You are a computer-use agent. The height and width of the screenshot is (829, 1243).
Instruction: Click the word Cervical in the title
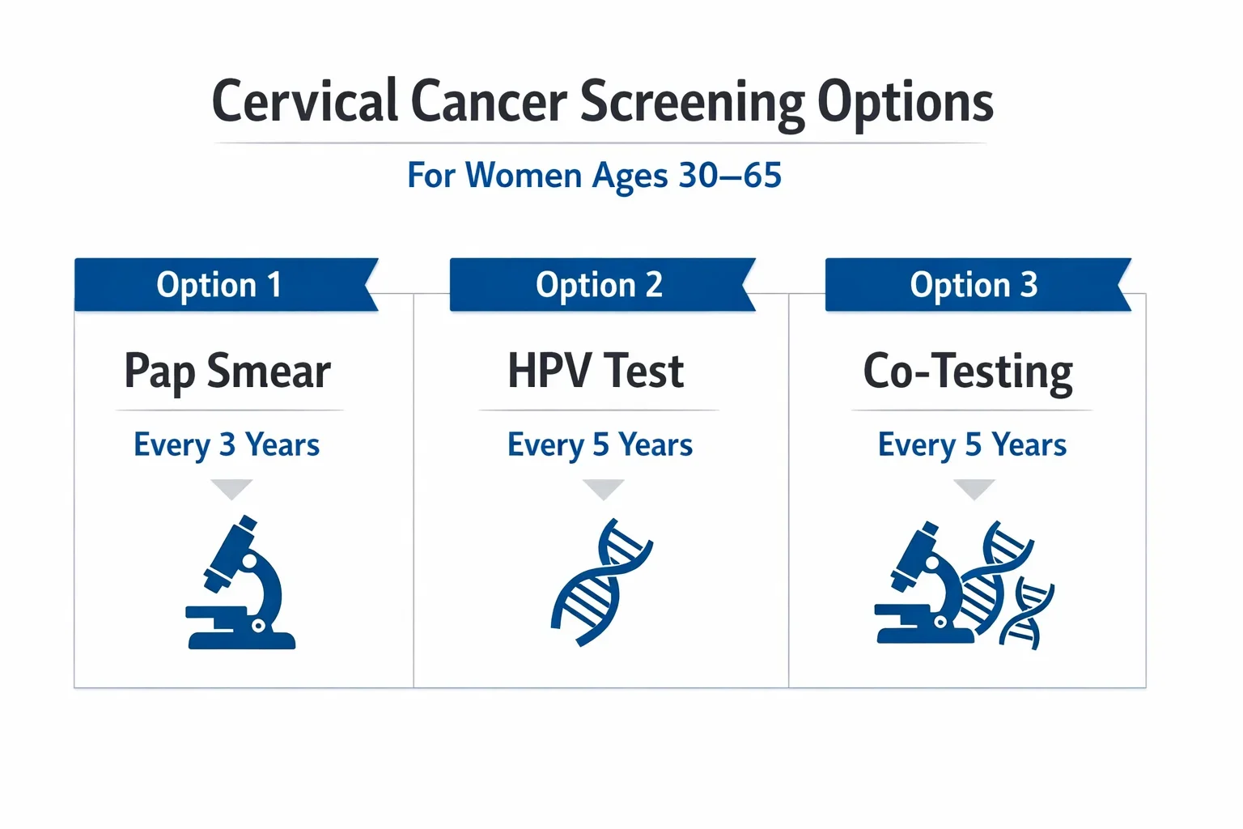306,102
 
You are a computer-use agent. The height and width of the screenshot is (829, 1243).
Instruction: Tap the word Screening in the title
693,102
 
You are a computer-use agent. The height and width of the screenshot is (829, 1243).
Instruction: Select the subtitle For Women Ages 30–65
594,176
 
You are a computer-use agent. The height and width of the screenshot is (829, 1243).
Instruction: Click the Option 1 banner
220,285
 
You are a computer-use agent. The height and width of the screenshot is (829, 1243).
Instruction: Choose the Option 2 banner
599,285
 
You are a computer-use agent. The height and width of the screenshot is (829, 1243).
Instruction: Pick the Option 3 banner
974,285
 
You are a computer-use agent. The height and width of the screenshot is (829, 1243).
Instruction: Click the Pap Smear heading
227,372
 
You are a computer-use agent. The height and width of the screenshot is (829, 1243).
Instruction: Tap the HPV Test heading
596,372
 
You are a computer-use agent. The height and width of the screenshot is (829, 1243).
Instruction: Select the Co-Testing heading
968,372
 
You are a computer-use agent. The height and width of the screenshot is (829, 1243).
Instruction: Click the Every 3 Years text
227,444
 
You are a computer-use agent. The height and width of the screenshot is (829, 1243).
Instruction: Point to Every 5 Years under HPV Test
600,444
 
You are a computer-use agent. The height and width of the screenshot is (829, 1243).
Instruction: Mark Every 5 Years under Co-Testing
972,444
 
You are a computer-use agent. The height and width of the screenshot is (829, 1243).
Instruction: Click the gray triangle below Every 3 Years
231,488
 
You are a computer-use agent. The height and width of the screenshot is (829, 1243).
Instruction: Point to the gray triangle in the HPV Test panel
603,488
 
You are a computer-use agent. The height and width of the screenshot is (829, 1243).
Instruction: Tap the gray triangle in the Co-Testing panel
974,488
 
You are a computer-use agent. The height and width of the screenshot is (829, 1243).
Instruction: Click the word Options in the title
905,102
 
